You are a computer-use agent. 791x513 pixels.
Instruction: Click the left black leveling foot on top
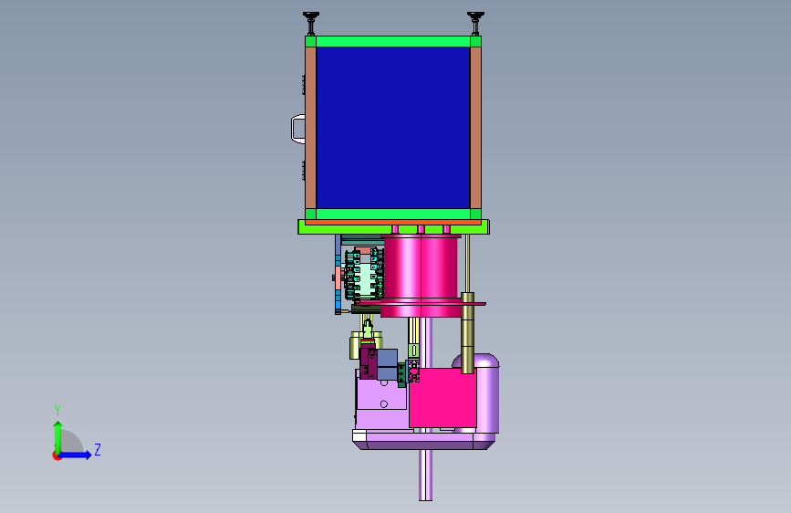[311, 22]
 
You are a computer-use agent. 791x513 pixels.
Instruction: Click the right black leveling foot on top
[475, 22]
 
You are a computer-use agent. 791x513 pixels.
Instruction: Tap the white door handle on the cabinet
[297, 130]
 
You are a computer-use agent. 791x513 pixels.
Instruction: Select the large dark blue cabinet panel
[393, 127]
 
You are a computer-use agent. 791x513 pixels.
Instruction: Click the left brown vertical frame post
[310, 127]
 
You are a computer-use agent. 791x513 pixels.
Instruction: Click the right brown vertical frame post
[475, 127]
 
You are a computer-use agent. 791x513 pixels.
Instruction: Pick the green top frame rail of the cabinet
[393, 41]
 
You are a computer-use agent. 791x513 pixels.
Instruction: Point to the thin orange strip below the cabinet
[393, 222]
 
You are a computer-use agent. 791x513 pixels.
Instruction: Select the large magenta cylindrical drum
[421, 276]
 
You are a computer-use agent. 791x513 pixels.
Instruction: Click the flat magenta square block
[442, 398]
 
